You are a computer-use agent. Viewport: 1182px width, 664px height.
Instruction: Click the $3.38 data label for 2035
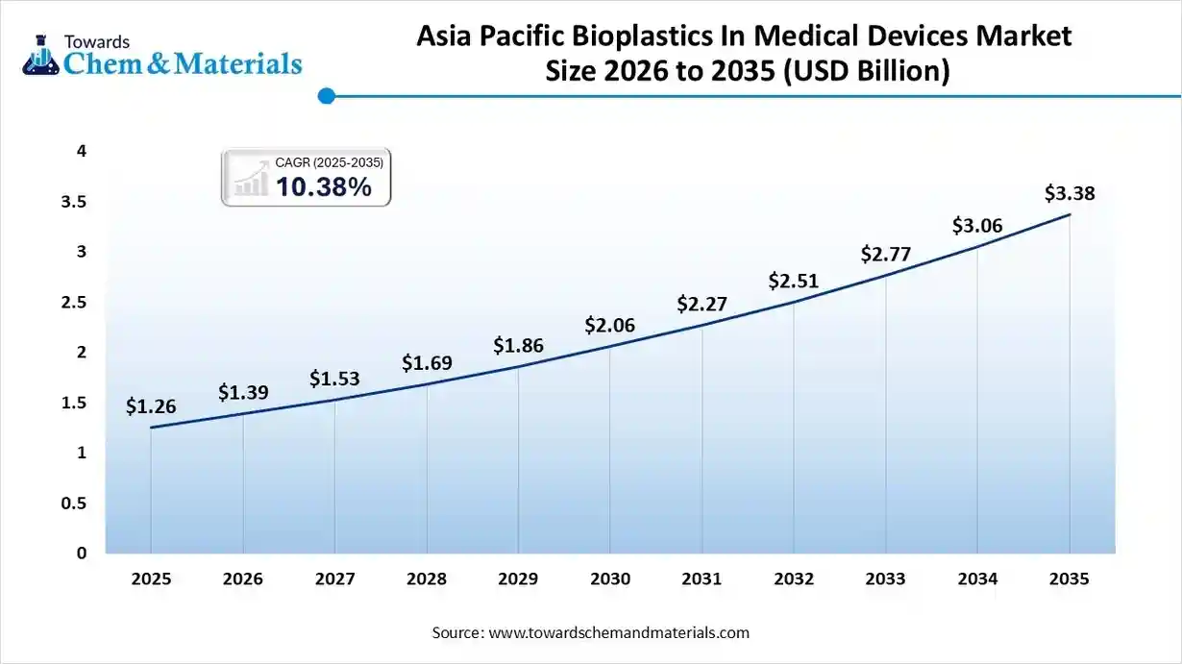coord(1069,194)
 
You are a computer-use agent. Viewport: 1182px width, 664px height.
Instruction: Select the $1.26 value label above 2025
coord(151,406)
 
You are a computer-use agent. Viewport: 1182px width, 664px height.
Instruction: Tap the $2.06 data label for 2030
coord(610,326)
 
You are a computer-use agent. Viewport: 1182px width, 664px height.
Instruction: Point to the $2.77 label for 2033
coord(885,255)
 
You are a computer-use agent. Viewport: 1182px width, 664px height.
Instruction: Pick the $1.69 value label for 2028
coord(427,362)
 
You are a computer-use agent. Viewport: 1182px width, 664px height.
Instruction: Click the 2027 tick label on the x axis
coord(334,579)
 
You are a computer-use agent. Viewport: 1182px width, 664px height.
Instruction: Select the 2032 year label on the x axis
coord(794,579)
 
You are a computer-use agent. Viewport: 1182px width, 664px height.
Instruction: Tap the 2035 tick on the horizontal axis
coord(1070,579)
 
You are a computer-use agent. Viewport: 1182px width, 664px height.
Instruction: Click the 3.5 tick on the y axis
coord(75,202)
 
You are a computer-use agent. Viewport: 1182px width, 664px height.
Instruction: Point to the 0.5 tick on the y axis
coord(75,504)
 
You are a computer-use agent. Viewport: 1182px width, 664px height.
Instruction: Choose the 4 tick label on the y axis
coord(82,151)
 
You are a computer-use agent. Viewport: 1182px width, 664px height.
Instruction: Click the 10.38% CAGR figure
coord(323,187)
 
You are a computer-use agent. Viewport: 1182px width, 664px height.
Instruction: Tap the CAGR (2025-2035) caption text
coord(329,163)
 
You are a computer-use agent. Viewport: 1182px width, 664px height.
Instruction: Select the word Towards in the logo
coord(96,41)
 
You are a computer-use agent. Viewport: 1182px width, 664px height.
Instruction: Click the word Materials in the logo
coord(241,63)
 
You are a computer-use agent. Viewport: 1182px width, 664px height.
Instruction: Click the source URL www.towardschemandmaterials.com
coord(618,632)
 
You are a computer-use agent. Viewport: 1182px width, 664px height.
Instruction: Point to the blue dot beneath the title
coord(326,96)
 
